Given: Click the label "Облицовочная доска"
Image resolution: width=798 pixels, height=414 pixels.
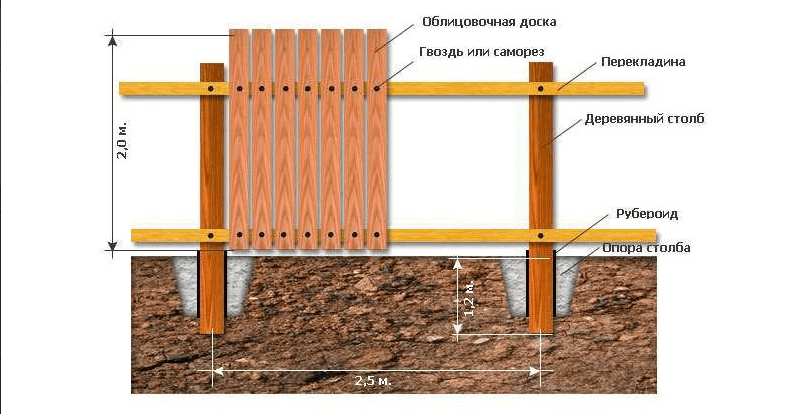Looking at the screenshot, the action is (489, 22).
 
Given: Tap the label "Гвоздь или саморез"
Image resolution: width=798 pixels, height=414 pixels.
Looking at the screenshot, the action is (481, 51).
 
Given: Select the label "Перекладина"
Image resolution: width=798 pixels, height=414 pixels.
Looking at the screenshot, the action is (643, 62).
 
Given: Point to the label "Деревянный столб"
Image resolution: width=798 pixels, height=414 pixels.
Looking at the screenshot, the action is (644, 119).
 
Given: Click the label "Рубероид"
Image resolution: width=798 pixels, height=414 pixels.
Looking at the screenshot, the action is (647, 213).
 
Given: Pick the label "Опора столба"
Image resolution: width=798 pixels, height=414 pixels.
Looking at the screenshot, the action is (646, 248).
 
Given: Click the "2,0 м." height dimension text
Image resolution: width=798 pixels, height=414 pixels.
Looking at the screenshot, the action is (123, 140).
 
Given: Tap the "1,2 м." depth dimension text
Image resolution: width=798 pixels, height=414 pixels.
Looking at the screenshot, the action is (470, 298).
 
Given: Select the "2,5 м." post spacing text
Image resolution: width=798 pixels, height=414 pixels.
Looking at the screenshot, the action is (374, 381).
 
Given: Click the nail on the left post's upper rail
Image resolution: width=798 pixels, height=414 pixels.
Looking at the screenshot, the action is (211, 89).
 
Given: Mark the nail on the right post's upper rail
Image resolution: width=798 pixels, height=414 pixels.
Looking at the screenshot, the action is (540, 89).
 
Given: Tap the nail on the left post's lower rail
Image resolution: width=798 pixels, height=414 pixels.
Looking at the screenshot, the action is (211, 235).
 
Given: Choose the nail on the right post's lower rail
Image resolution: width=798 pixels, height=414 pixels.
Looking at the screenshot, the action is (540, 236).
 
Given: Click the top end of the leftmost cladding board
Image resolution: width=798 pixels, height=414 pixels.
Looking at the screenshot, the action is (239, 30).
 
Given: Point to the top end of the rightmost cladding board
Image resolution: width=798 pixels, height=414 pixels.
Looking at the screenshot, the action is (377, 30).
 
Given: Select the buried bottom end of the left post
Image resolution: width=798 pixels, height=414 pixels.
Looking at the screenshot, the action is (212, 332).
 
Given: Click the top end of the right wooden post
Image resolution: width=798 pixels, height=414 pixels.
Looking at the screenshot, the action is (541, 64).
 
